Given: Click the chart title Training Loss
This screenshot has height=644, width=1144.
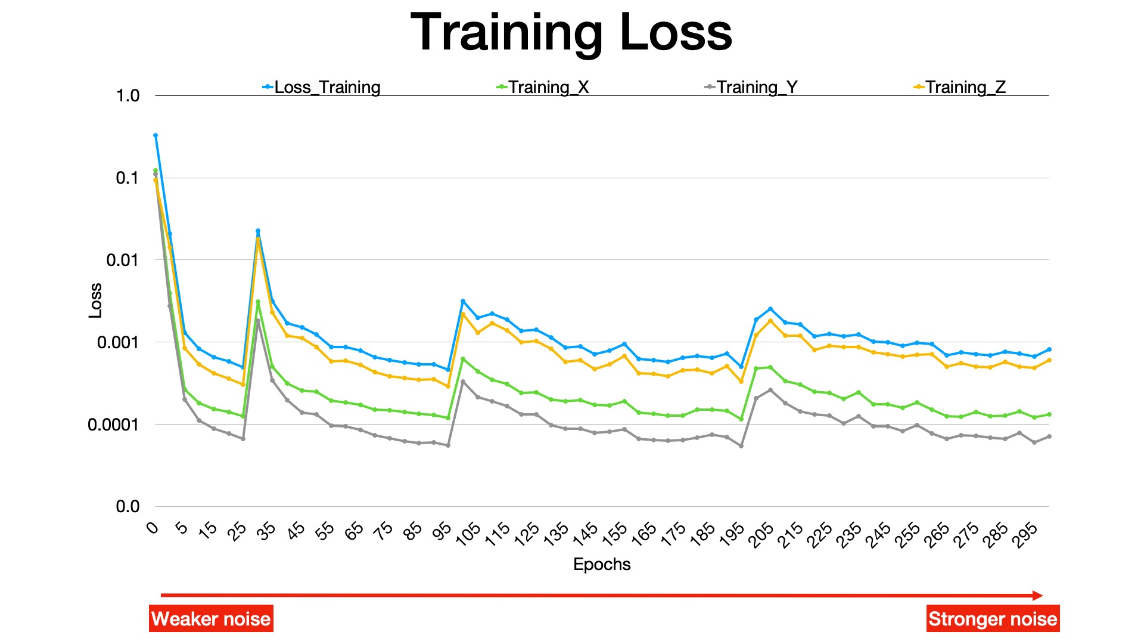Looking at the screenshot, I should point(571,33).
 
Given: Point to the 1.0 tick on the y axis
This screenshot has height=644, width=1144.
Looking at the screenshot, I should point(128,95).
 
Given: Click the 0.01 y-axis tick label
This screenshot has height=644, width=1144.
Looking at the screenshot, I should point(123,260).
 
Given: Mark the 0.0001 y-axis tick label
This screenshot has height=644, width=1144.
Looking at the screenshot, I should point(113,425).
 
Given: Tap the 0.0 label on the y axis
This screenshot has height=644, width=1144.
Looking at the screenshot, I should point(128,507).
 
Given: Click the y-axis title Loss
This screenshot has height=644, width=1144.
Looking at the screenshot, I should point(95,301).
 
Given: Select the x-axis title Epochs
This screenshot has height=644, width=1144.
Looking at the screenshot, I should point(602,564).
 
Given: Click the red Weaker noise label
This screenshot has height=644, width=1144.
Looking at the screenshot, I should point(211,619).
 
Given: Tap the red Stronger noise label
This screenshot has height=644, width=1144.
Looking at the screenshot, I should point(993,619).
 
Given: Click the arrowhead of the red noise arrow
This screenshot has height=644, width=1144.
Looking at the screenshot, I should point(1038,595).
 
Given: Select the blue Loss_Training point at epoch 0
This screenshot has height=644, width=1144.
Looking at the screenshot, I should point(156,135).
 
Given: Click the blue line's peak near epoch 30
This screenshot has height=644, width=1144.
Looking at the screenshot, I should point(258,231).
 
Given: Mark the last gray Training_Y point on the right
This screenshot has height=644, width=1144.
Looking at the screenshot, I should point(1049,436).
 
